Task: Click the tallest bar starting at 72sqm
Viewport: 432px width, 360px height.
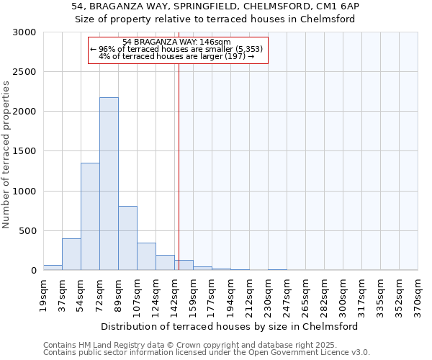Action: (x=109, y=184)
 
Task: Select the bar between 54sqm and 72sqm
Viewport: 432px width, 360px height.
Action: (x=90, y=216)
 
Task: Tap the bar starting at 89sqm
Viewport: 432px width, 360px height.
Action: (x=127, y=238)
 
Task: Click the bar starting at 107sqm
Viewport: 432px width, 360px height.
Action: (x=146, y=256)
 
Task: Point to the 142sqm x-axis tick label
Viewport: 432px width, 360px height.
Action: (x=174, y=296)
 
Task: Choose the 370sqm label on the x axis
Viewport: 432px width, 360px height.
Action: (x=418, y=296)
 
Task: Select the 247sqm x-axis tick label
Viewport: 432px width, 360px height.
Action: (x=287, y=296)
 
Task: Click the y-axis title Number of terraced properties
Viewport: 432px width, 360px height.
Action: (x=6, y=155)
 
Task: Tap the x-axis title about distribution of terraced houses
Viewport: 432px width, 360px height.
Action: (x=230, y=326)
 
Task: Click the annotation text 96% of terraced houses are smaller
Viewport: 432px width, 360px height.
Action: (x=177, y=49)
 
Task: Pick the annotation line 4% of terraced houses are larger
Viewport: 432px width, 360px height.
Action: (x=177, y=56)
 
